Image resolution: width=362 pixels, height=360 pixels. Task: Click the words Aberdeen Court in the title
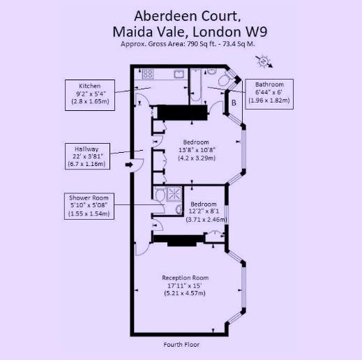coord(181,15)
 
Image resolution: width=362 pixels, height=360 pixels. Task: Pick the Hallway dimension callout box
coord(86,156)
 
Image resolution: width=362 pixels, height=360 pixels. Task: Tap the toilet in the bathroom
coord(224,80)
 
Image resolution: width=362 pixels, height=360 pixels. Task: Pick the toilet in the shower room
coord(160,195)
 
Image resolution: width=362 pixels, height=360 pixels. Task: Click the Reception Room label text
coord(185,278)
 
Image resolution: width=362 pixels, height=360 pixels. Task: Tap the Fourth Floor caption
coord(181,345)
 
